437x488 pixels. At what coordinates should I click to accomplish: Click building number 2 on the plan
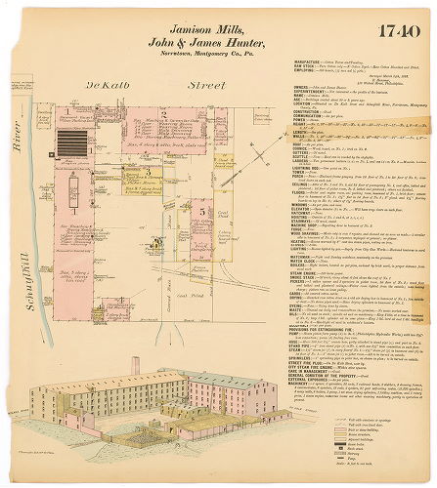tap(165, 115)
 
